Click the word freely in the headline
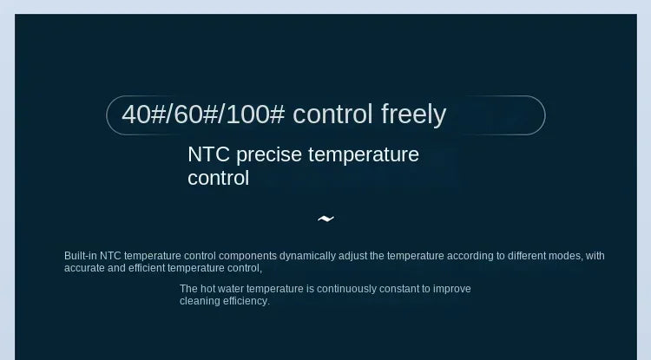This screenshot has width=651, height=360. pyautogui.click(x=413, y=115)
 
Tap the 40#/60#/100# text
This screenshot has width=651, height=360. pyautogui.click(x=203, y=115)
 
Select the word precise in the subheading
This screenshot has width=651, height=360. pyautogui.click(x=269, y=155)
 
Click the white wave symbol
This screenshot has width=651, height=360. pyautogui.click(x=325, y=219)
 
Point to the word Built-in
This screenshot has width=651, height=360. pyautogui.click(x=81, y=256)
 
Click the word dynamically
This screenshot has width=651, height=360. pyautogui.click(x=307, y=256)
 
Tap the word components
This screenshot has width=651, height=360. pyautogui.click(x=248, y=256)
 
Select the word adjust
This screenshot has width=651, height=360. pyautogui.click(x=353, y=256)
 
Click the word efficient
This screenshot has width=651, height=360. pyautogui.click(x=147, y=268)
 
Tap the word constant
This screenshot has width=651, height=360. pyautogui.click(x=399, y=289)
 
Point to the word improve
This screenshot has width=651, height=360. pyautogui.click(x=452, y=289)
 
